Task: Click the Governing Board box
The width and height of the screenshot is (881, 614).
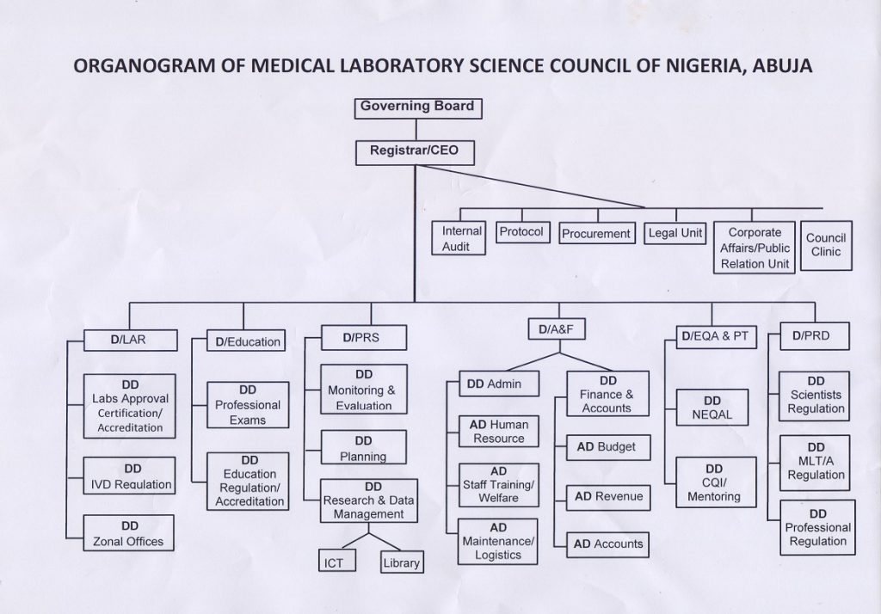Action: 416,108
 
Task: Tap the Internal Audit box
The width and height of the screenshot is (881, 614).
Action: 462,238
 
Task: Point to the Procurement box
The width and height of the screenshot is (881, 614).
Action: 596,234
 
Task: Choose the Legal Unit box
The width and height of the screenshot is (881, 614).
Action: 675,233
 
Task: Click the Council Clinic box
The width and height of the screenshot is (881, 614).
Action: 825,245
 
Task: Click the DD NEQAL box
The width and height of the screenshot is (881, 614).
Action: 712,407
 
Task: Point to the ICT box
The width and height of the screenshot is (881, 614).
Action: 334,563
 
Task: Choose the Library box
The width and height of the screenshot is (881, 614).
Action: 401,563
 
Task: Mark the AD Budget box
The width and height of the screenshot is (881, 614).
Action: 607,448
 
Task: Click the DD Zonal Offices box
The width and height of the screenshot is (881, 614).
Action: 129,533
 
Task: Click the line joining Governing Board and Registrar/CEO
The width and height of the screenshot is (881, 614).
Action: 416,130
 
